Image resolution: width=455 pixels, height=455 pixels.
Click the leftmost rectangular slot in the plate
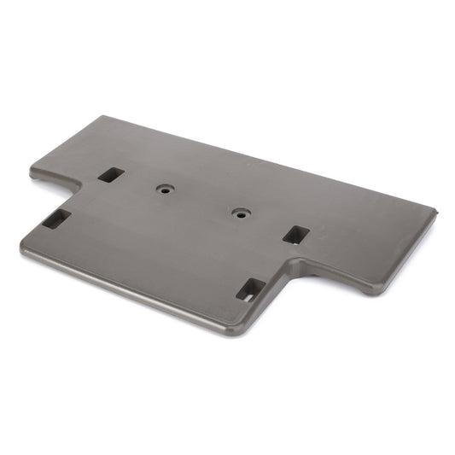[56, 219]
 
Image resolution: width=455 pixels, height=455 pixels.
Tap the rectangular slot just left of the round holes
[111, 174]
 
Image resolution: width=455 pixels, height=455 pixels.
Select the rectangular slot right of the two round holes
[295, 234]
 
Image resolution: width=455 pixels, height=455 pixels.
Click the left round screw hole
[163, 190]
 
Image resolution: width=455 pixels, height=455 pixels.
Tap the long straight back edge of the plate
[282, 162]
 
